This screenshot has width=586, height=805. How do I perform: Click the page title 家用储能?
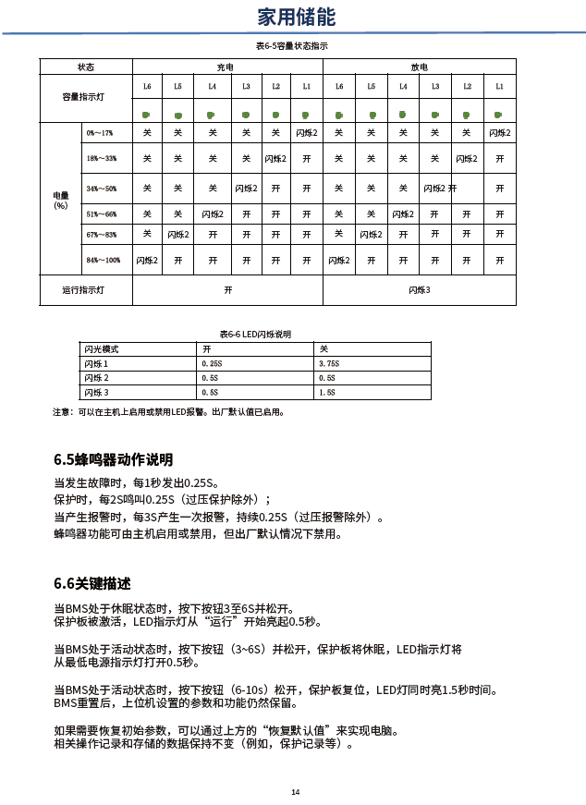(297, 18)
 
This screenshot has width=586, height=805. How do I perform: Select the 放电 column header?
(419, 67)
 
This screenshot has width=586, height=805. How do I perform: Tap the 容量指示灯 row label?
(83, 96)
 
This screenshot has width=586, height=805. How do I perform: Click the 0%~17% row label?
(100, 134)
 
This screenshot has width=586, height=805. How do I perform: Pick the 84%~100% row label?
(104, 261)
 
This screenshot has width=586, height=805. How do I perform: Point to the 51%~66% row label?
(102, 213)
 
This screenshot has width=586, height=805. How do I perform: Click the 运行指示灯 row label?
(83, 290)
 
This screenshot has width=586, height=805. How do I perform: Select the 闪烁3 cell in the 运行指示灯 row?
(420, 290)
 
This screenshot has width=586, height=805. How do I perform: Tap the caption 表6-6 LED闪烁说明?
(255, 334)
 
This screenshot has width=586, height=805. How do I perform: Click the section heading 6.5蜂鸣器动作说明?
(114, 459)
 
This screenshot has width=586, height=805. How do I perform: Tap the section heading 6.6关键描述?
(92, 583)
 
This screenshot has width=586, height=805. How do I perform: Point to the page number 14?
(295, 791)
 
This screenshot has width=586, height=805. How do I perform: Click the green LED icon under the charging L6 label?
(146, 116)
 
